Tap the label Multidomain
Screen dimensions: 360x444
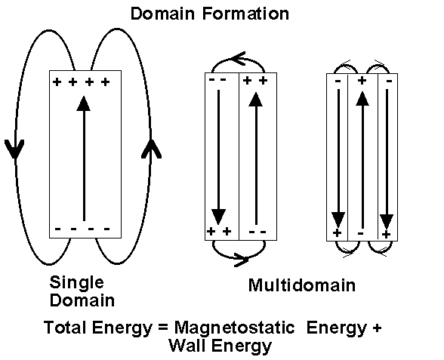(301, 286)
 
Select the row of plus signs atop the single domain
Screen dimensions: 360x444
(82, 82)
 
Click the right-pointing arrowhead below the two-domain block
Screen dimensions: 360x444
(241, 260)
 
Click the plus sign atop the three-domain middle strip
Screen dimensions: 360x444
(362, 80)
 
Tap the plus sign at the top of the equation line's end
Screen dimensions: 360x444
(377, 329)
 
